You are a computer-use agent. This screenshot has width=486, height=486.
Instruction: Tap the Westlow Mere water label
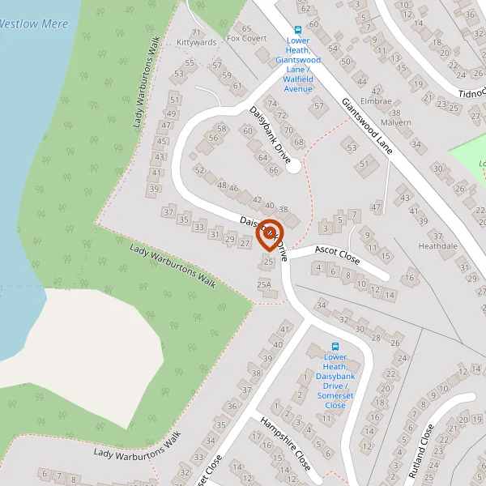32,24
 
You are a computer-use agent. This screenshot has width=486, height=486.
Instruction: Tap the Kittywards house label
196,41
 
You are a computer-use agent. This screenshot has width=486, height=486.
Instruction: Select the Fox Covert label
246,38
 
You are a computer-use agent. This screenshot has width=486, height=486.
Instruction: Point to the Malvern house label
395,123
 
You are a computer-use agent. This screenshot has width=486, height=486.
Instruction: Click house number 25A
263,284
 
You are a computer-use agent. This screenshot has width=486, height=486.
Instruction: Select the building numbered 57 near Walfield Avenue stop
318,106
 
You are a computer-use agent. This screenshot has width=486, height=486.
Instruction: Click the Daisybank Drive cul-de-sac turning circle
293,166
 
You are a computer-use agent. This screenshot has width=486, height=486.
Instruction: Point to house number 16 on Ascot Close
410,279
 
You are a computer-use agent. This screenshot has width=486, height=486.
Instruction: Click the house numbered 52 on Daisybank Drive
199,169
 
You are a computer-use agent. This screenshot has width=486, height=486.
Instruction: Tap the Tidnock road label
471,93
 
